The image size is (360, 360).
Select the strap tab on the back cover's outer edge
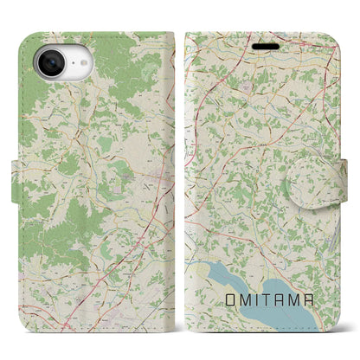pos(24,175)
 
